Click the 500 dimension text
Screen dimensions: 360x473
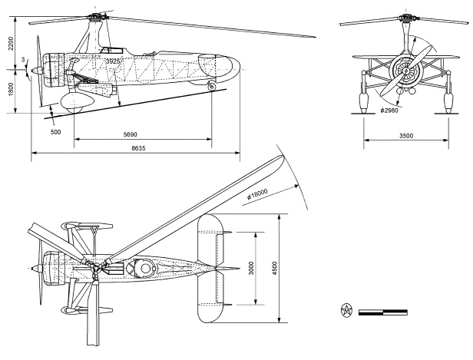55,132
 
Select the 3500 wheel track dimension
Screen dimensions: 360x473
406,135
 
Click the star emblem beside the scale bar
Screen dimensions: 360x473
346,311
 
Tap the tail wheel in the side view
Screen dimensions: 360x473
212,89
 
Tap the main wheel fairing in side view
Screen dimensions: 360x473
74,104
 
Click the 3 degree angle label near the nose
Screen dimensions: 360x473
24,59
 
